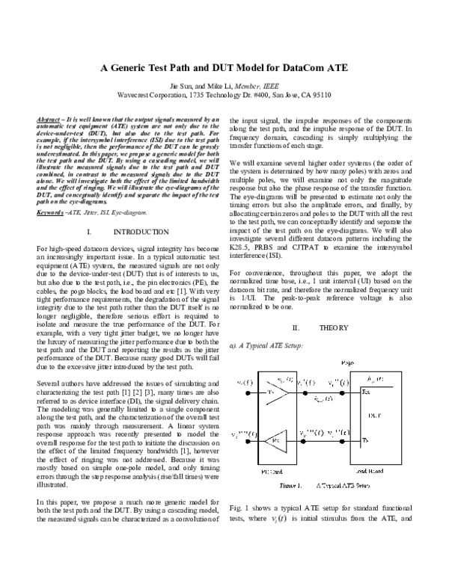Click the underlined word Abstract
point(49,120)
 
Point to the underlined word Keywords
point(49,191)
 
